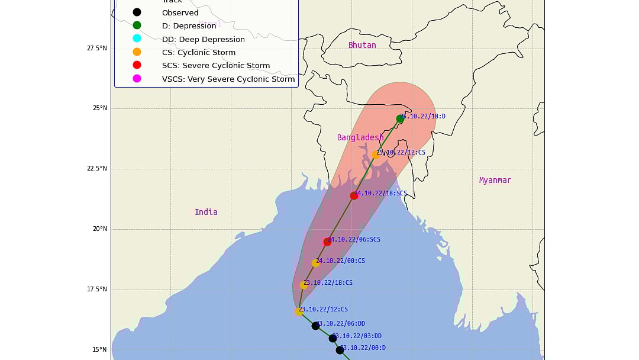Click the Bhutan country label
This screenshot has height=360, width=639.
pos(362,45)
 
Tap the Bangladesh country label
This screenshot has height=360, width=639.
pos(360,137)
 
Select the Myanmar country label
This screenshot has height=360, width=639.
pos(495,180)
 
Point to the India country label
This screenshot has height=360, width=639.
pos(206,212)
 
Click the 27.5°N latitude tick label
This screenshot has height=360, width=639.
pos(96,48)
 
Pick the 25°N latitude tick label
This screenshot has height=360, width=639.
pos(99,108)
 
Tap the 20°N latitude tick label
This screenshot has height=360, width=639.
pos(99,229)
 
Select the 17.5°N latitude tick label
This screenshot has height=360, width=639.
pos(96,290)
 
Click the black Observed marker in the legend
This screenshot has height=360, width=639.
pos(137,12)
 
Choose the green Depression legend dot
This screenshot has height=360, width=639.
pos(137,25)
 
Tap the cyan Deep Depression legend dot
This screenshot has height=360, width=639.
pos(137,38)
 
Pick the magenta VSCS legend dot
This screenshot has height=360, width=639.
pos(137,78)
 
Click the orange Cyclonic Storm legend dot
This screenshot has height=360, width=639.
pos(137,52)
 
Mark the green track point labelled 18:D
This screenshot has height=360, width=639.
pos(400,119)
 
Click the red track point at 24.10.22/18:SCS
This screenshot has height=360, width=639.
pos(354,195)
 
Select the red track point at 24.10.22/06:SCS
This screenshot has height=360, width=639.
pos(327,242)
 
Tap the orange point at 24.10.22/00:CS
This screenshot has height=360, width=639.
pos(315,263)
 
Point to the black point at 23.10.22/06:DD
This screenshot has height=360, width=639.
pos(315,326)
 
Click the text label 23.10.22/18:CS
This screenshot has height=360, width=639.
pos(328,283)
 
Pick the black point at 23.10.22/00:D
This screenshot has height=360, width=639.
pos(340,350)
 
